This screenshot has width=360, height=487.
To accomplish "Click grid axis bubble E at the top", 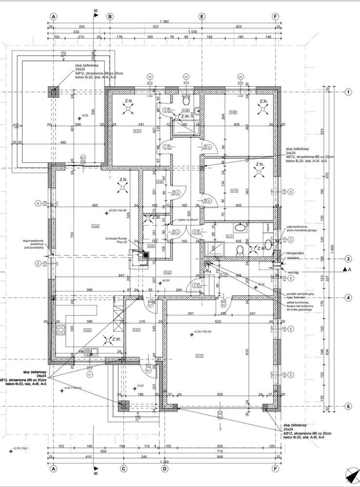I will [x=201, y=16].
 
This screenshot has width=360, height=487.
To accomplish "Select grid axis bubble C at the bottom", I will [x=123, y=469].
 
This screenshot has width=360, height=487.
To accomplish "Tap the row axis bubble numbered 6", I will [x=348, y=406].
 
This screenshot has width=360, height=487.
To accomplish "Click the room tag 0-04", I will [x=95, y=226].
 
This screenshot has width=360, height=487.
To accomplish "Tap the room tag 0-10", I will [x=234, y=191].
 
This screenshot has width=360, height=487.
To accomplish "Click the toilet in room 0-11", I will [x=240, y=250].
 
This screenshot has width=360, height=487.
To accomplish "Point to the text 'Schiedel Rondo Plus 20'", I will [x=116, y=240].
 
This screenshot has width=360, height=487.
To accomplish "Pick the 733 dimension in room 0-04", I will [x=72, y=234].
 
